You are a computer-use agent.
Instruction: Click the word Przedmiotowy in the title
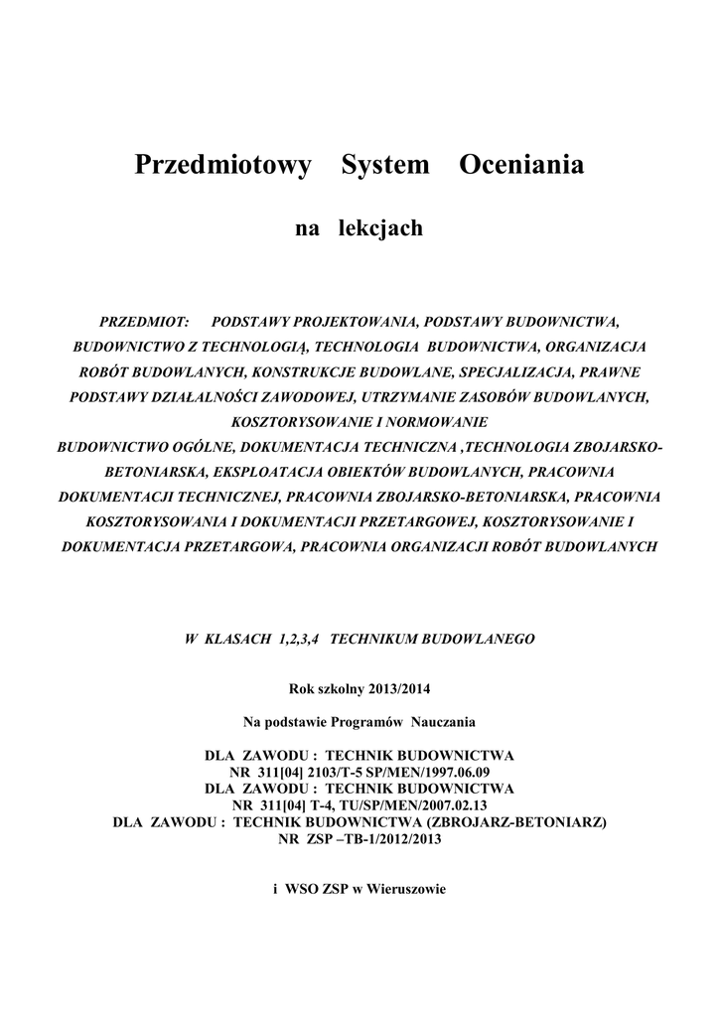click(x=222, y=165)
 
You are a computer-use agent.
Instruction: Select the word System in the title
click(x=385, y=165)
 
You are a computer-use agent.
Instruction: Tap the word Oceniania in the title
click(x=521, y=165)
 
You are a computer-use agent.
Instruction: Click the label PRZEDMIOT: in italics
click(x=145, y=323)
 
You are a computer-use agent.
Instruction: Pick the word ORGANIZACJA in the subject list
click(x=595, y=348)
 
